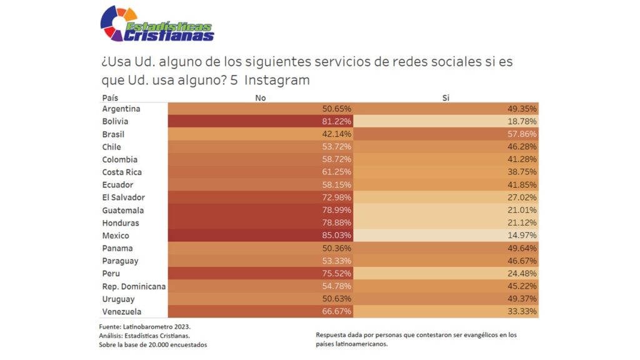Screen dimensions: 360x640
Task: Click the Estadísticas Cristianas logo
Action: (x=157, y=24)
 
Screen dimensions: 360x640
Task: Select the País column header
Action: (x=110, y=98)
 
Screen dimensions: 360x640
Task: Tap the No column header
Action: (x=261, y=98)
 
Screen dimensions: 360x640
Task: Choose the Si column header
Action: (x=446, y=98)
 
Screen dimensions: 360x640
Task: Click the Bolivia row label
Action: (x=115, y=121)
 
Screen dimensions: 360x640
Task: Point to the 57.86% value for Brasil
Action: (x=522, y=134)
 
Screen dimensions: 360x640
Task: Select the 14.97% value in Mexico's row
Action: (x=522, y=236)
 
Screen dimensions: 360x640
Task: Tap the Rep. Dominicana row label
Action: (x=134, y=286)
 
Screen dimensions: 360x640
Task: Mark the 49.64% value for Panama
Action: (x=522, y=248)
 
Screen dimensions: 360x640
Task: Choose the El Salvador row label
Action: (x=123, y=197)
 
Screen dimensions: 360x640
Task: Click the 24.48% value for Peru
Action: (x=522, y=273)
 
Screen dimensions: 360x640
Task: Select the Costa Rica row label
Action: (x=122, y=172)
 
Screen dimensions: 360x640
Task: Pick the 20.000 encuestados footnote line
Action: (x=153, y=344)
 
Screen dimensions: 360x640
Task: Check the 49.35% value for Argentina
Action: (x=522, y=109)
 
